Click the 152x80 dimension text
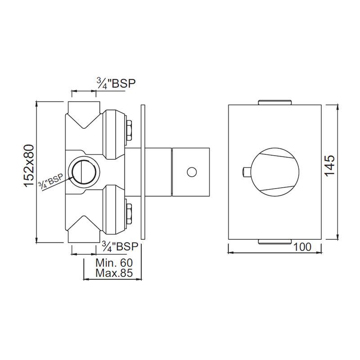[29, 166]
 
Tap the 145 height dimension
[330, 166]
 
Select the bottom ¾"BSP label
[119, 247]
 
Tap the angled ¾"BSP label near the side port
[51, 182]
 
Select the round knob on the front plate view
[274, 171]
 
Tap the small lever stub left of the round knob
[245, 171]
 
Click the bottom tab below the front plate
[275, 243]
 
